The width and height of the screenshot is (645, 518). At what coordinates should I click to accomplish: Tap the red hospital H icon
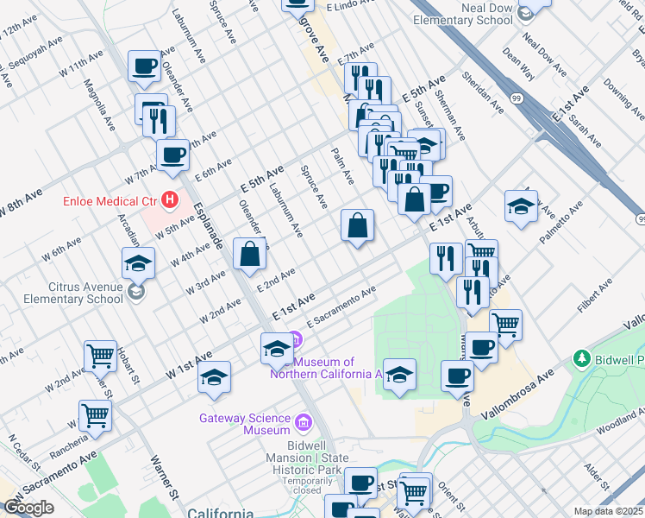pyautogui.click(x=170, y=201)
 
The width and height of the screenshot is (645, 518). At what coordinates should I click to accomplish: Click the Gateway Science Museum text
pyautogui.click(x=245, y=424)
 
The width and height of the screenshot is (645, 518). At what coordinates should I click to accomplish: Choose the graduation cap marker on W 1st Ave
pyautogui.click(x=215, y=377)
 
